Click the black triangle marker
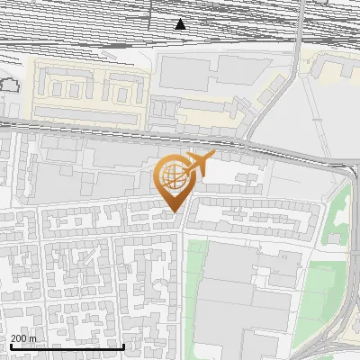point(181,24)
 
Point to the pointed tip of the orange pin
point(172,212)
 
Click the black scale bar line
point(67,346)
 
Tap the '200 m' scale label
point(23,338)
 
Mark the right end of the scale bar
point(123,346)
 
